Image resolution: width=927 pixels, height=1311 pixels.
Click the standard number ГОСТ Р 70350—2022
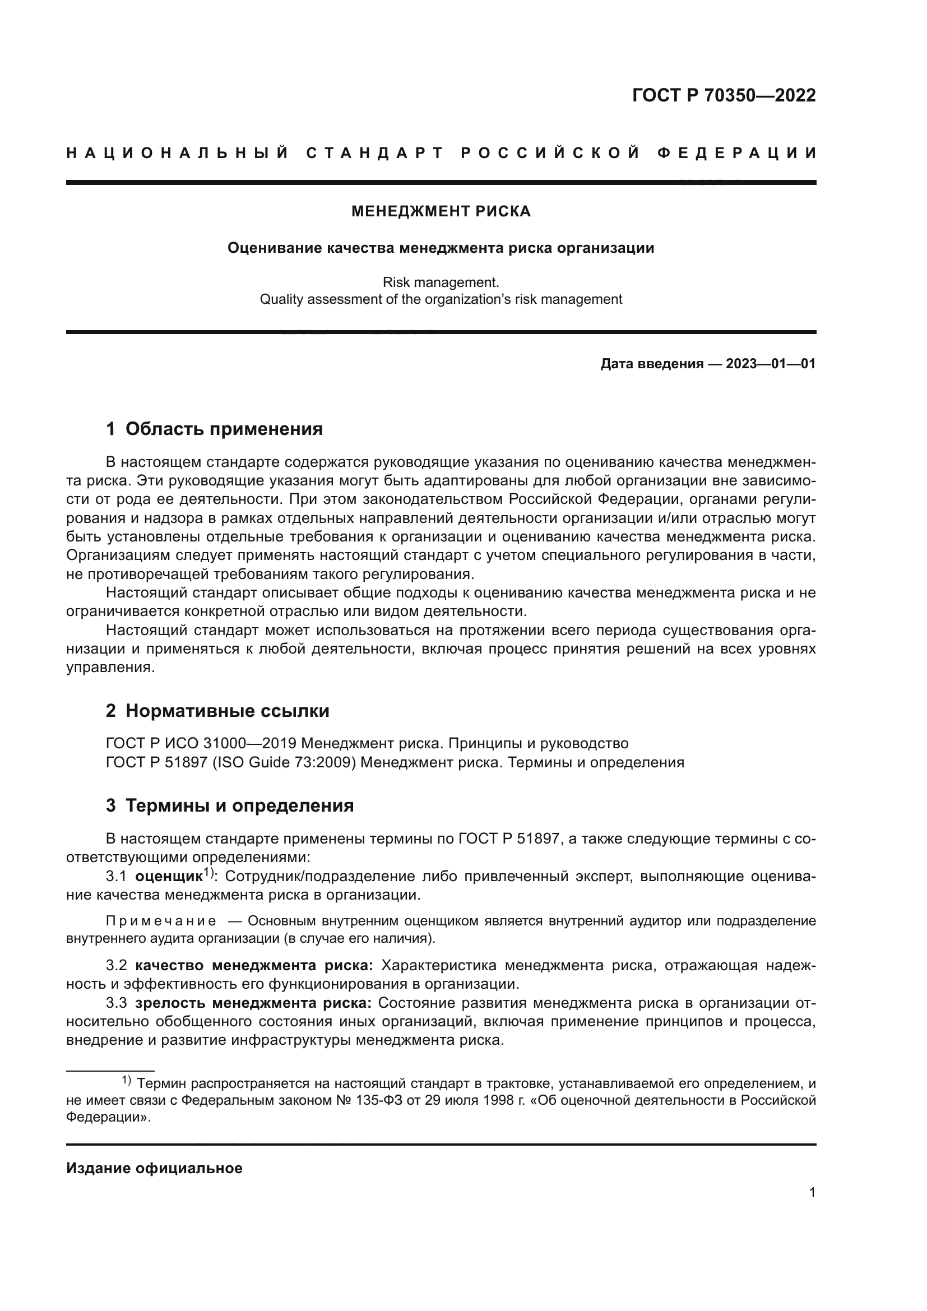tap(723, 95)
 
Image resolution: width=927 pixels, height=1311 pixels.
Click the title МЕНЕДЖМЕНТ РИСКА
tap(441, 212)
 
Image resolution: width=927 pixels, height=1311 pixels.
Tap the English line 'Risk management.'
tap(441, 282)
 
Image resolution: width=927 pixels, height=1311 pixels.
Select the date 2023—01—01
tap(770, 364)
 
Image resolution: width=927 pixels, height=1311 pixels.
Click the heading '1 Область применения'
tap(214, 429)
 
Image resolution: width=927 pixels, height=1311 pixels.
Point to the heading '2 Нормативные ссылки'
tap(217, 711)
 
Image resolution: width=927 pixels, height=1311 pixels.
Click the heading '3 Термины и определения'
tap(229, 805)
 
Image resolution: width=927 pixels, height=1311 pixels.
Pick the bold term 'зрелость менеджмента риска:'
tap(253, 1003)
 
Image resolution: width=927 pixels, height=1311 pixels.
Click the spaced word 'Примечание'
tap(161, 921)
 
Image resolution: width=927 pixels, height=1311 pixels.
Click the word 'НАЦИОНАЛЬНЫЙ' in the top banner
tap(178, 153)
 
